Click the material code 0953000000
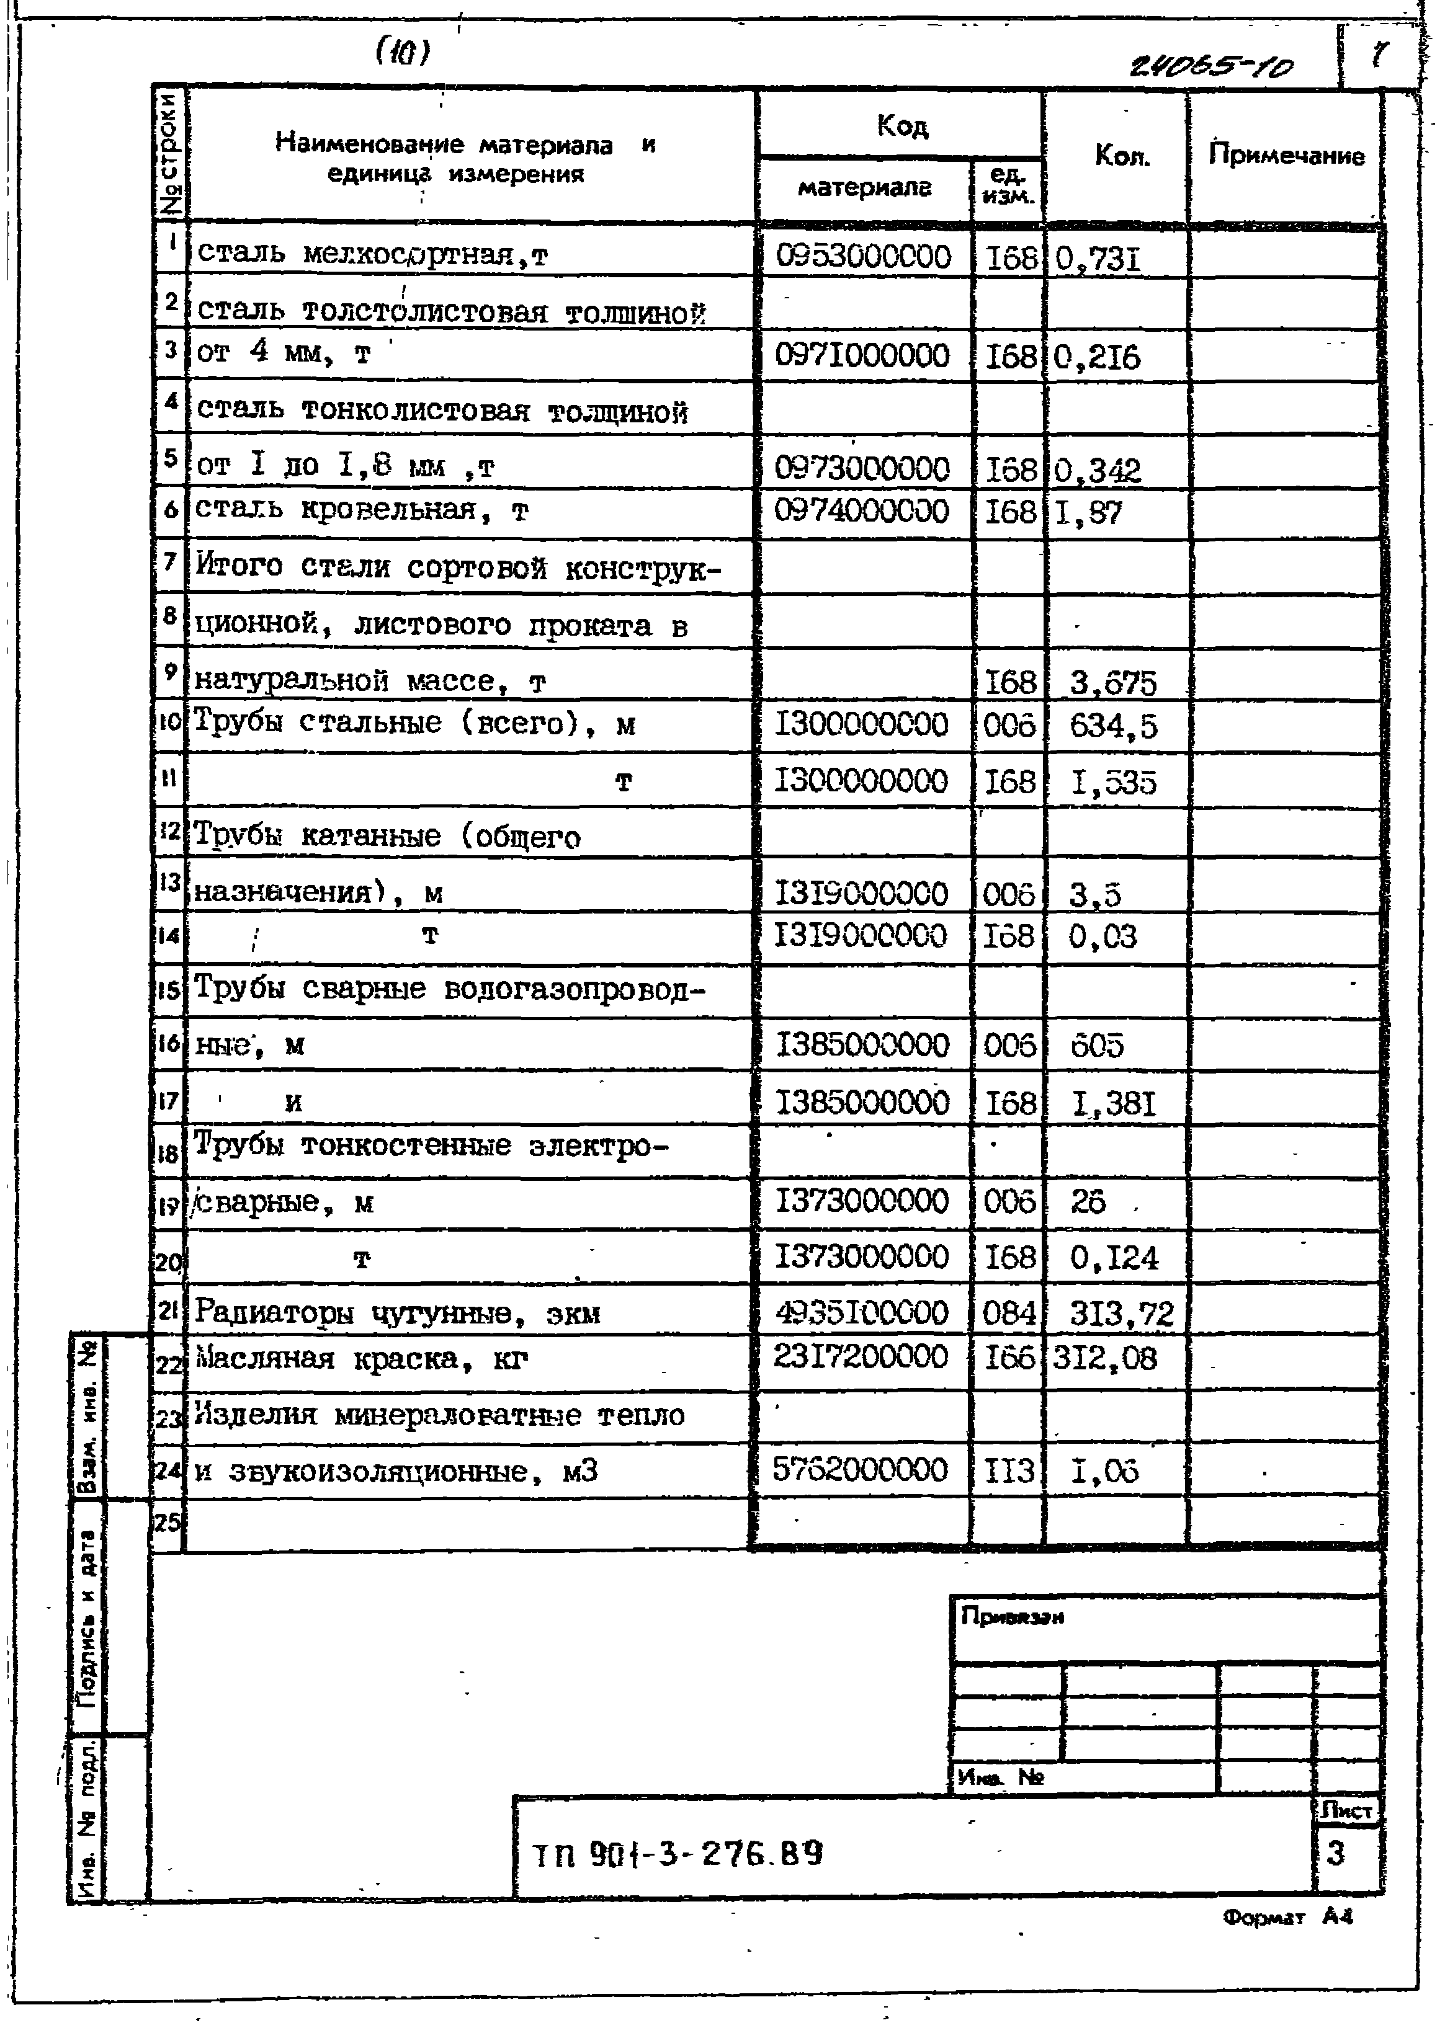[x=862, y=257]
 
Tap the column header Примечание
[x=1286, y=156]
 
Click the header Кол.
[x=1121, y=156]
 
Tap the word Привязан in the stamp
[x=1013, y=1616]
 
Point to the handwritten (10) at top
[x=402, y=53]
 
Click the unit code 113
[x=1009, y=1470]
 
